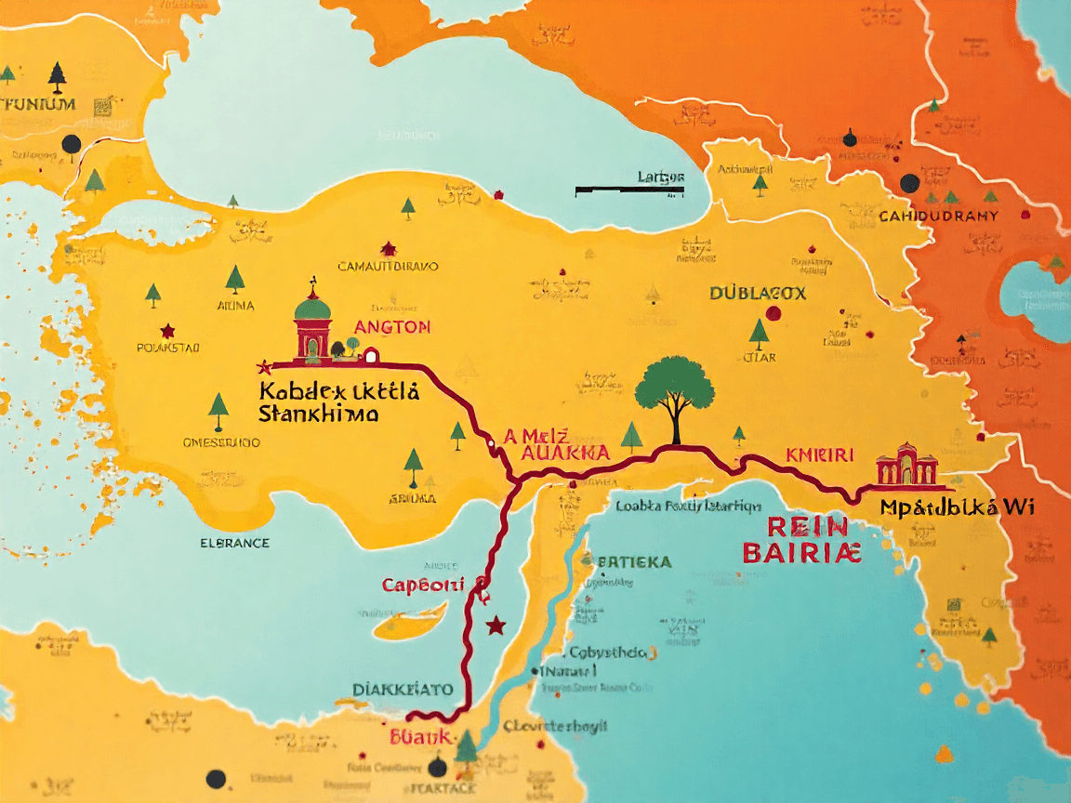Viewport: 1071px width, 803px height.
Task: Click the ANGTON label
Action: click(x=391, y=326)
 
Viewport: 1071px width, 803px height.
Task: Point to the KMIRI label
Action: click(x=819, y=454)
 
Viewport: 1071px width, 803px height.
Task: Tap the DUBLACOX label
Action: click(x=758, y=293)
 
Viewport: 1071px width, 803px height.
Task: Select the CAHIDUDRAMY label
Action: click(x=938, y=216)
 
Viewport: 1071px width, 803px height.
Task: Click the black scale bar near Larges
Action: click(x=629, y=191)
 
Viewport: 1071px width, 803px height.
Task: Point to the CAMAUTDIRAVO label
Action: click(x=387, y=267)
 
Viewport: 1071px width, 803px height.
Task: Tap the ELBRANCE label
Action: click(x=234, y=543)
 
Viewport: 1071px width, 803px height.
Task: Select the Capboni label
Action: click(x=422, y=585)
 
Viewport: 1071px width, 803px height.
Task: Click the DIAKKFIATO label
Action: click(x=403, y=690)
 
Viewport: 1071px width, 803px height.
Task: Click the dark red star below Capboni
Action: click(x=496, y=625)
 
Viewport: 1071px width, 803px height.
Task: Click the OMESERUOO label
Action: click(x=221, y=443)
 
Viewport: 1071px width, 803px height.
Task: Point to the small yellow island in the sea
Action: click(x=410, y=620)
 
